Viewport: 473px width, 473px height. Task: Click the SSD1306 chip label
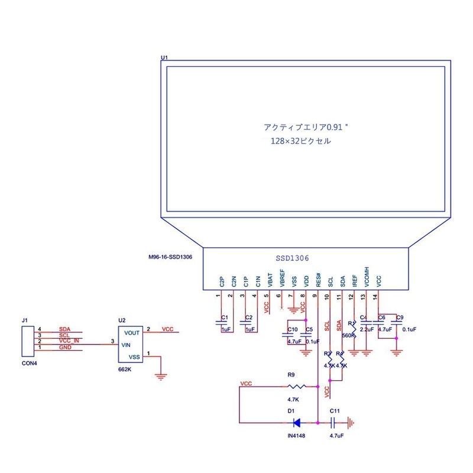tap(293, 258)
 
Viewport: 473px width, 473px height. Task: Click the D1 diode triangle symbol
tap(296, 422)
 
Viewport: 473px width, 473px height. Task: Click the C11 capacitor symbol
tap(334, 422)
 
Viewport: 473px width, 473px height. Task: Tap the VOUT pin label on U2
tap(132, 333)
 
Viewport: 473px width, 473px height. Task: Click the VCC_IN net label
tap(69, 341)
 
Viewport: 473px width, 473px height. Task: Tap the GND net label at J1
tap(65, 348)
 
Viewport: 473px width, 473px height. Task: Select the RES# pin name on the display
tap(318, 279)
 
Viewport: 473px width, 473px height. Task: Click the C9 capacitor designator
tap(400, 318)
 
